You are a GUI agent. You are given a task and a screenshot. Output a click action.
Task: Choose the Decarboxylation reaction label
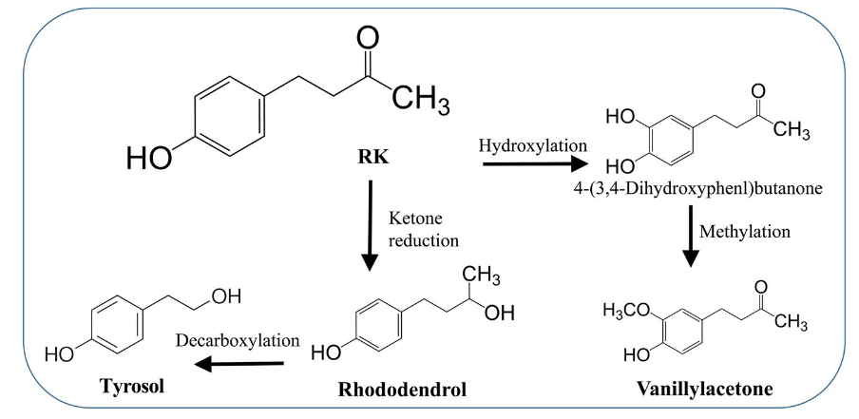[239, 338]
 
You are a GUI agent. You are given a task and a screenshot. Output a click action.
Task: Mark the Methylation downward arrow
[692, 238]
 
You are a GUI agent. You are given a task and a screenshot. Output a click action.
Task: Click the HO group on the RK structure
[150, 154]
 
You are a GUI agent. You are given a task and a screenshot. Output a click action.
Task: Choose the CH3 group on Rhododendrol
[484, 276]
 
